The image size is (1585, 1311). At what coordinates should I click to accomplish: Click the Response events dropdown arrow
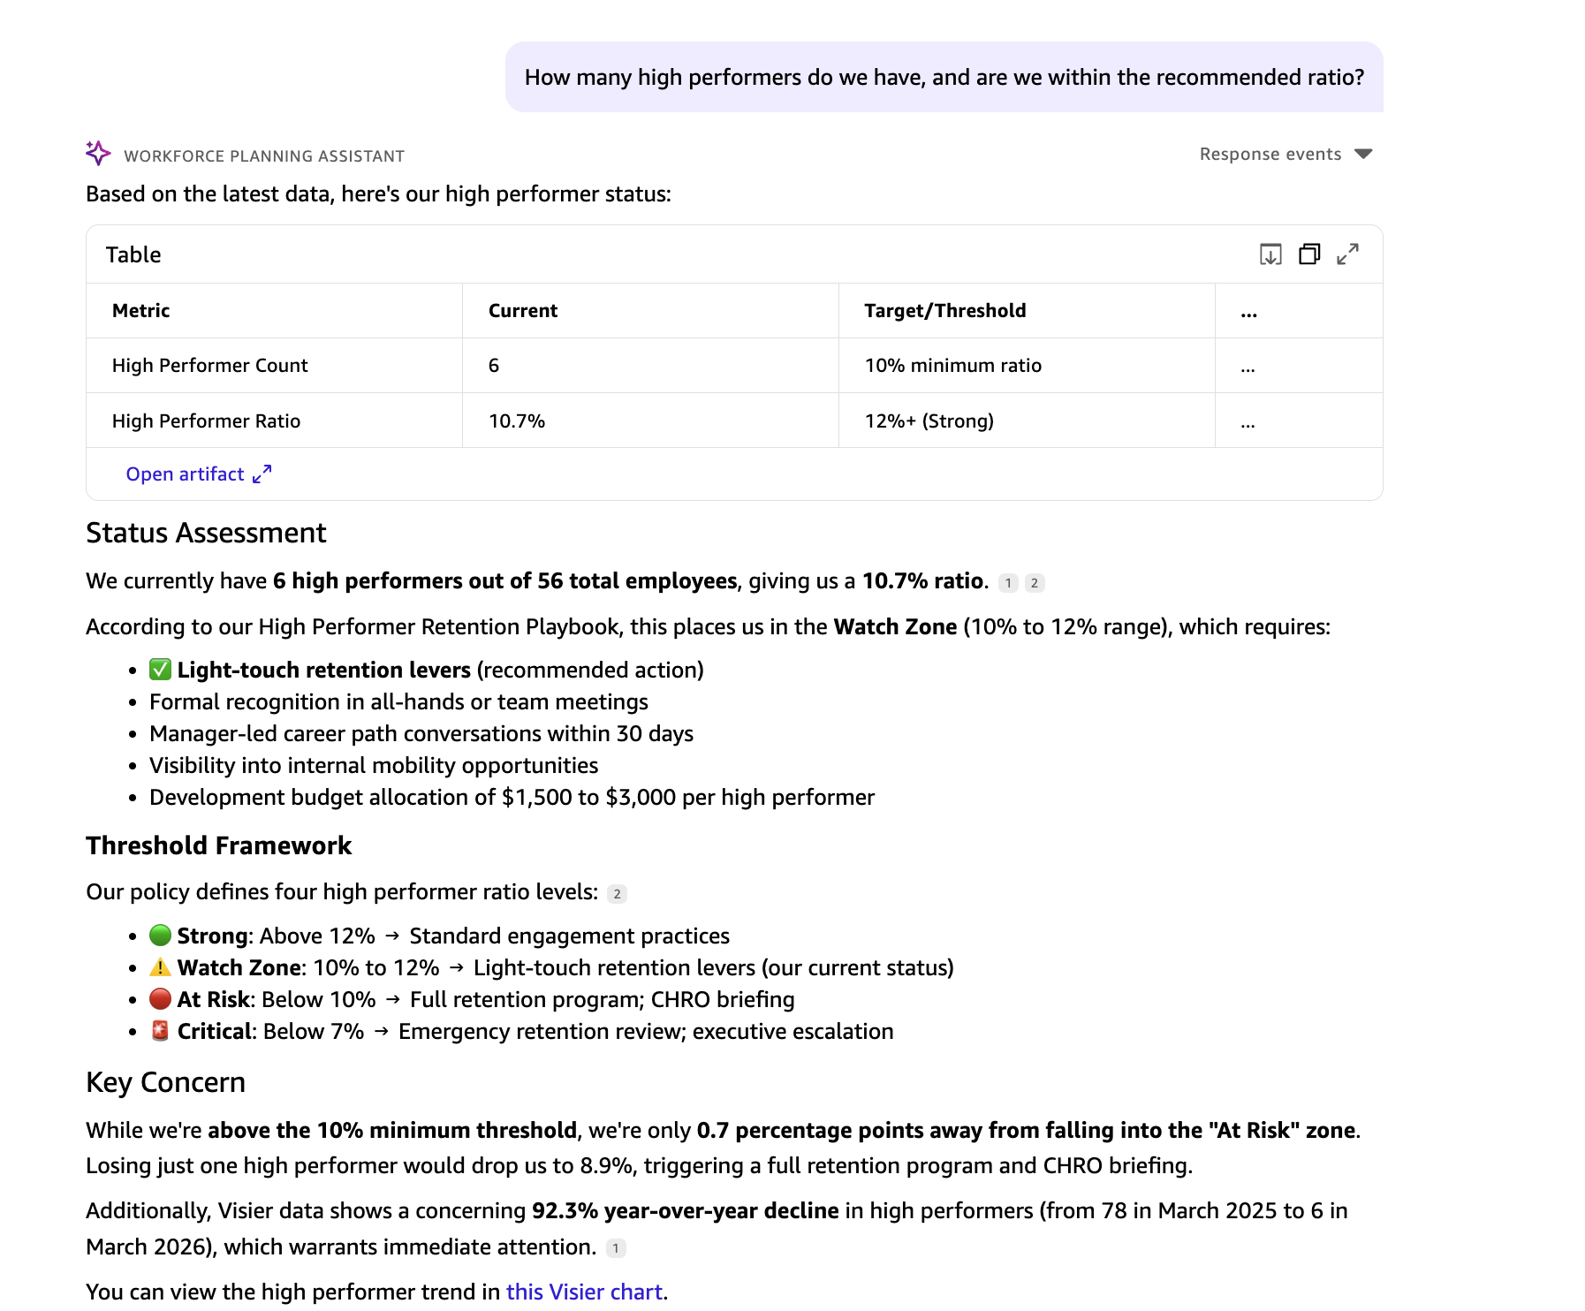click(1363, 155)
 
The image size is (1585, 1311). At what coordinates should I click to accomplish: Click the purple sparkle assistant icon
click(98, 153)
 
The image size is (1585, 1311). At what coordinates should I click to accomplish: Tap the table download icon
click(1270, 254)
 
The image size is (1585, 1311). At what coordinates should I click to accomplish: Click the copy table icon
click(1309, 254)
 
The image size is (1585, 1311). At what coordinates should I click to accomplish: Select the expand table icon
click(1347, 254)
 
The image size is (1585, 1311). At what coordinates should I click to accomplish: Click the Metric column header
click(141, 311)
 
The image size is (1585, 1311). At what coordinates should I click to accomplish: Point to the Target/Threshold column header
click(944, 311)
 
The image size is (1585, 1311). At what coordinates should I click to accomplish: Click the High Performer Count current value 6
click(494, 366)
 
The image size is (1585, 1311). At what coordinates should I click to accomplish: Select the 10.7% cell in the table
click(517, 421)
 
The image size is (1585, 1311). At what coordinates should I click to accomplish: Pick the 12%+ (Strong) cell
click(929, 421)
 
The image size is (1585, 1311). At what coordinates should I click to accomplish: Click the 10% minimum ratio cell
click(952, 366)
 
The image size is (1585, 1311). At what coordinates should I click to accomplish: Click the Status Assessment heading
click(206, 534)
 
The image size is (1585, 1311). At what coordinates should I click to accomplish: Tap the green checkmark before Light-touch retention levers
click(160, 670)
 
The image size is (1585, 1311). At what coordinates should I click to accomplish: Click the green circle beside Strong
click(160, 935)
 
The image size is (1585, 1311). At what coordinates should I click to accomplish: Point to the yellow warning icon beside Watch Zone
click(160, 967)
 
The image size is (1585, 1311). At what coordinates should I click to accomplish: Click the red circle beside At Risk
click(160, 999)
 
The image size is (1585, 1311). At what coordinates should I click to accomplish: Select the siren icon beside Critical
click(160, 1031)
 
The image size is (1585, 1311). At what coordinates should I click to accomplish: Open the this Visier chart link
click(584, 1292)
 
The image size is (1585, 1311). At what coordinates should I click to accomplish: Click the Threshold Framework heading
click(218, 846)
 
